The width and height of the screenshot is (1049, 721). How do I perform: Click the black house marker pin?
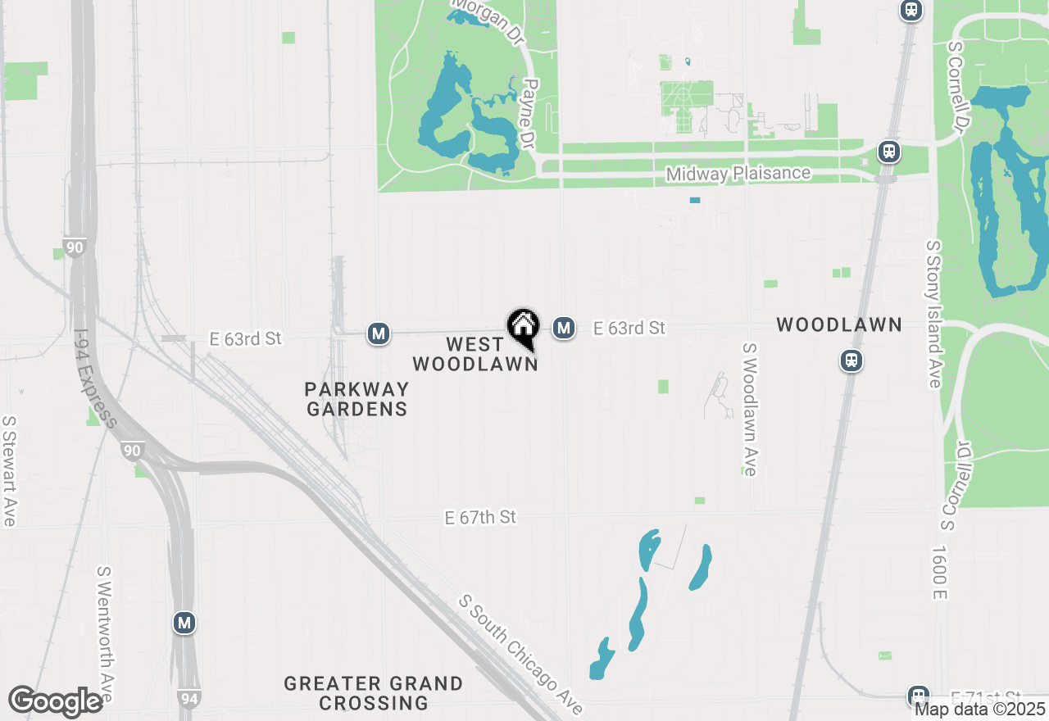(x=523, y=327)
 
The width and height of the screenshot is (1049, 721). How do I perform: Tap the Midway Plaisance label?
(x=738, y=174)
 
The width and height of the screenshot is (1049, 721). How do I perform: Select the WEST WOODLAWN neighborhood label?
(x=475, y=353)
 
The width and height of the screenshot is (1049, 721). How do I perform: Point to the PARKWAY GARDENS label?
(x=356, y=398)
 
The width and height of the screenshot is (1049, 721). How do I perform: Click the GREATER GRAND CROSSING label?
(x=374, y=693)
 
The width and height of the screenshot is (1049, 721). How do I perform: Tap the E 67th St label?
(x=481, y=517)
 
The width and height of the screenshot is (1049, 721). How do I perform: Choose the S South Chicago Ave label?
(x=522, y=655)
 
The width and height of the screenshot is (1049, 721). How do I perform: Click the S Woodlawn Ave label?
(x=749, y=410)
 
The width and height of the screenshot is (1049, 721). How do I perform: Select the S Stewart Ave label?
(x=9, y=471)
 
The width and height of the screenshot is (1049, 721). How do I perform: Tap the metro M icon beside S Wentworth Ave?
(x=184, y=623)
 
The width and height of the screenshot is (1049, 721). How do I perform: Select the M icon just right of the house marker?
(x=563, y=328)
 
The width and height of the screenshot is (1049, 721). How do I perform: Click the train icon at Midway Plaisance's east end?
(x=888, y=152)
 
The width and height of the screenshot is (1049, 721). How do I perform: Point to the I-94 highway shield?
(x=188, y=698)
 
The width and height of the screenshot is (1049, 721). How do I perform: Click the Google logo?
(x=56, y=701)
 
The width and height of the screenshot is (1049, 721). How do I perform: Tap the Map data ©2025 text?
(x=980, y=709)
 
